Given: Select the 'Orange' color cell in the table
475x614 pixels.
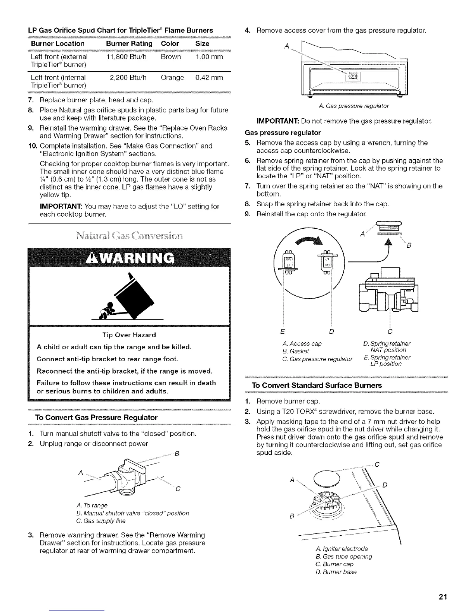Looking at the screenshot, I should pyautogui.click(x=172, y=78).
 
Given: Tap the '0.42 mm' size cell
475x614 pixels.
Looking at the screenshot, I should pyautogui.click(x=209, y=78).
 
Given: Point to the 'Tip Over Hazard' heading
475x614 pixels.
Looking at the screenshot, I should pyautogui.click(x=129, y=335).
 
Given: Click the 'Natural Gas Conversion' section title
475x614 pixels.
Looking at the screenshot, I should pyautogui.click(x=129, y=236).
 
